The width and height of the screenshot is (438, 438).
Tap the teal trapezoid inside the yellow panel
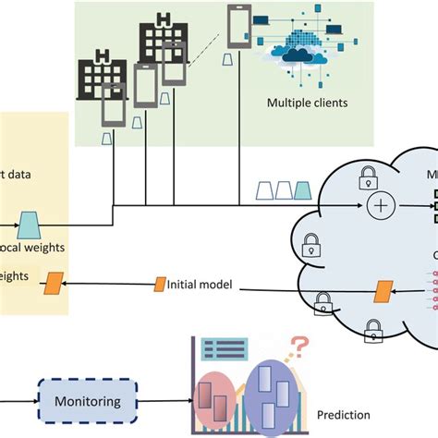pyautogui.click(x=29, y=222)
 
